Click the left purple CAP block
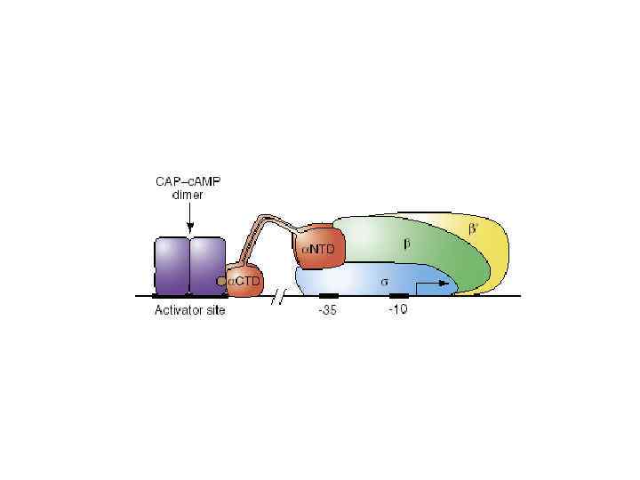(172, 264)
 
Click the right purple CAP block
(206, 264)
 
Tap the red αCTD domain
(244, 281)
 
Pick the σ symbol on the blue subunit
(385, 280)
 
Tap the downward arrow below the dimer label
(188, 221)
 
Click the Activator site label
(190, 310)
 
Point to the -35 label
(328, 310)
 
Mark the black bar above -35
(328, 294)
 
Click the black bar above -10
(399, 294)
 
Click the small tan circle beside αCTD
(221, 281)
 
